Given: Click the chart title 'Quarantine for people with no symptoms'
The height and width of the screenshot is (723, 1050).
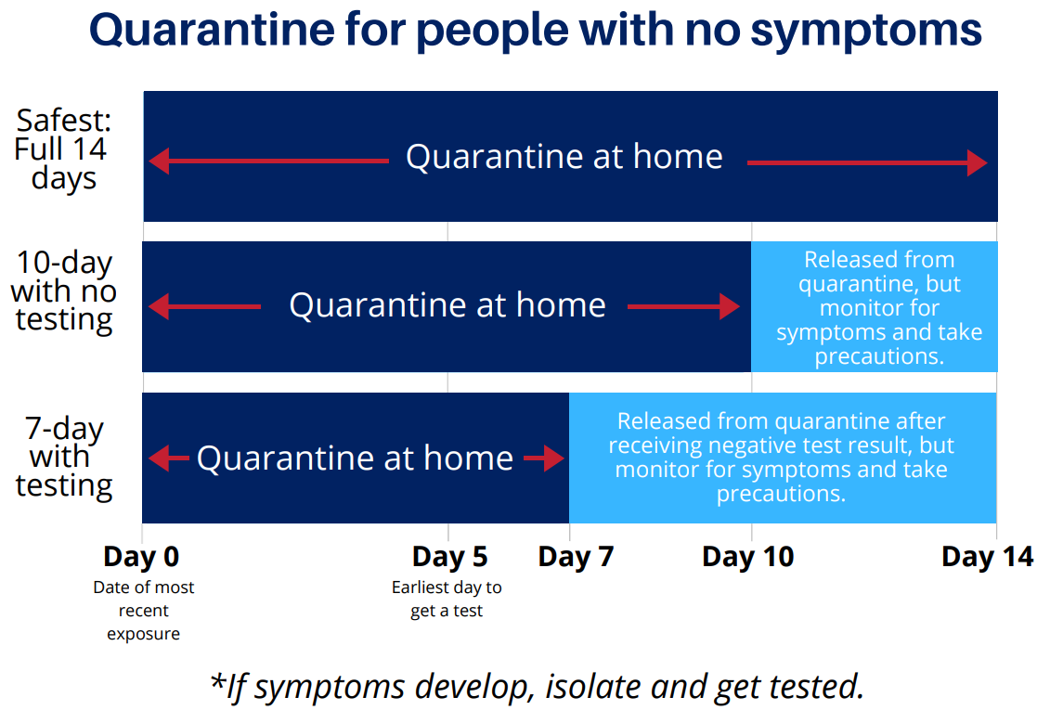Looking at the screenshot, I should tap(536, 32).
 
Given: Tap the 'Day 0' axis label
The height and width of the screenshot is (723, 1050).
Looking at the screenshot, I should tap(141, 557).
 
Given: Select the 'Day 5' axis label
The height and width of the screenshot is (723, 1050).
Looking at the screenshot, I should tap(449, 557).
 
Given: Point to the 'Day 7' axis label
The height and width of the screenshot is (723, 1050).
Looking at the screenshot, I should tap(576, 557).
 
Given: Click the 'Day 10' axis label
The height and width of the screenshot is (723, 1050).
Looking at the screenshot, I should tap(748, 557).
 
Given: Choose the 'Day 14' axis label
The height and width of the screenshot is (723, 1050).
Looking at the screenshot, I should tap(987, 557).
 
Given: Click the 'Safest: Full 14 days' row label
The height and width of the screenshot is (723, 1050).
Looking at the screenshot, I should tap(62, 149).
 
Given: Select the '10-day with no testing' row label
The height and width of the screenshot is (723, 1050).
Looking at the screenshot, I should tap(63, 291).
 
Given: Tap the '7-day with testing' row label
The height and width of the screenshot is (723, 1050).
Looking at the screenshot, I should tap(64, 458).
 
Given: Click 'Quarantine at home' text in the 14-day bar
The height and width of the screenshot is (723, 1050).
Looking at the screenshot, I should tap(564, 157).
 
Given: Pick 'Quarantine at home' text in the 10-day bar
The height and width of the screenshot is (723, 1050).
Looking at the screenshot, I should tap(447, 305).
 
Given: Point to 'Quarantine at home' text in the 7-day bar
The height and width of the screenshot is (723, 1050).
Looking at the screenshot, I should tap(355, 458).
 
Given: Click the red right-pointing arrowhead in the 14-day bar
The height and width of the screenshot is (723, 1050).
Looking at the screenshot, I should tap(978, 163).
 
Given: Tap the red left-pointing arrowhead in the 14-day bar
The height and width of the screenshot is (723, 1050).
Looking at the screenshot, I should tap(159, 161).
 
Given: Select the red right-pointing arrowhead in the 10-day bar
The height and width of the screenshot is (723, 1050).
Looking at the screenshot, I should tap(730, 306).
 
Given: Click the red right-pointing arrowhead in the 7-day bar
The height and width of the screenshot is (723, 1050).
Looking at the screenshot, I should tap(554, 458).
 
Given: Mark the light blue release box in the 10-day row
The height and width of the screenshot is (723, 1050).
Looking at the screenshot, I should tap(875, 307).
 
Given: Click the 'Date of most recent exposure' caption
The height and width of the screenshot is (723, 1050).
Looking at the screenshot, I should tap(143, 611).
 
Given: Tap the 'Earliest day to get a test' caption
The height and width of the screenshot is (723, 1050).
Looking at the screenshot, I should tap(447, 600).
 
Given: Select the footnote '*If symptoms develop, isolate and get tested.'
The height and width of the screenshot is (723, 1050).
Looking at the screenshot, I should tap(537, 687).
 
